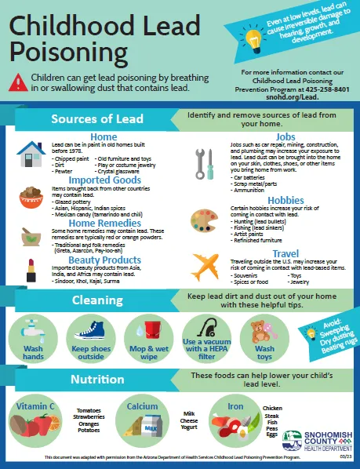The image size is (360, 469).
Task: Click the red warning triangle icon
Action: point(19,82)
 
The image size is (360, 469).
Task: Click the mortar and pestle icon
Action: point(31,233)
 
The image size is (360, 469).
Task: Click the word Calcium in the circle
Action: point(143,406)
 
